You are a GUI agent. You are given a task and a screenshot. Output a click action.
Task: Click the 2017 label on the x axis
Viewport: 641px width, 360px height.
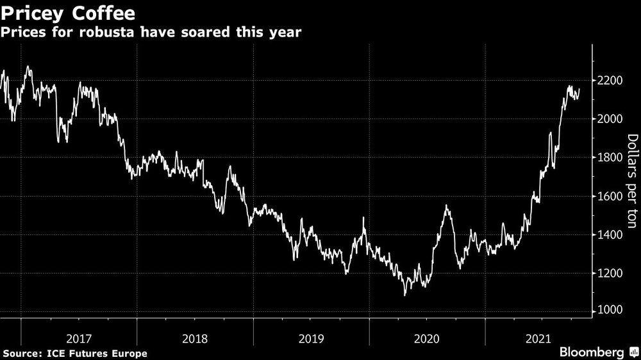[x=79, y=338]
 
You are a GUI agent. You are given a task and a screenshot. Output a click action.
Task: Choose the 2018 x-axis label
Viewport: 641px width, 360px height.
[x=195, y=338]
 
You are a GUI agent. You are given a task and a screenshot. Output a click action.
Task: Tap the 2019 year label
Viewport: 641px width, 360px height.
[x=311, y=338]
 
